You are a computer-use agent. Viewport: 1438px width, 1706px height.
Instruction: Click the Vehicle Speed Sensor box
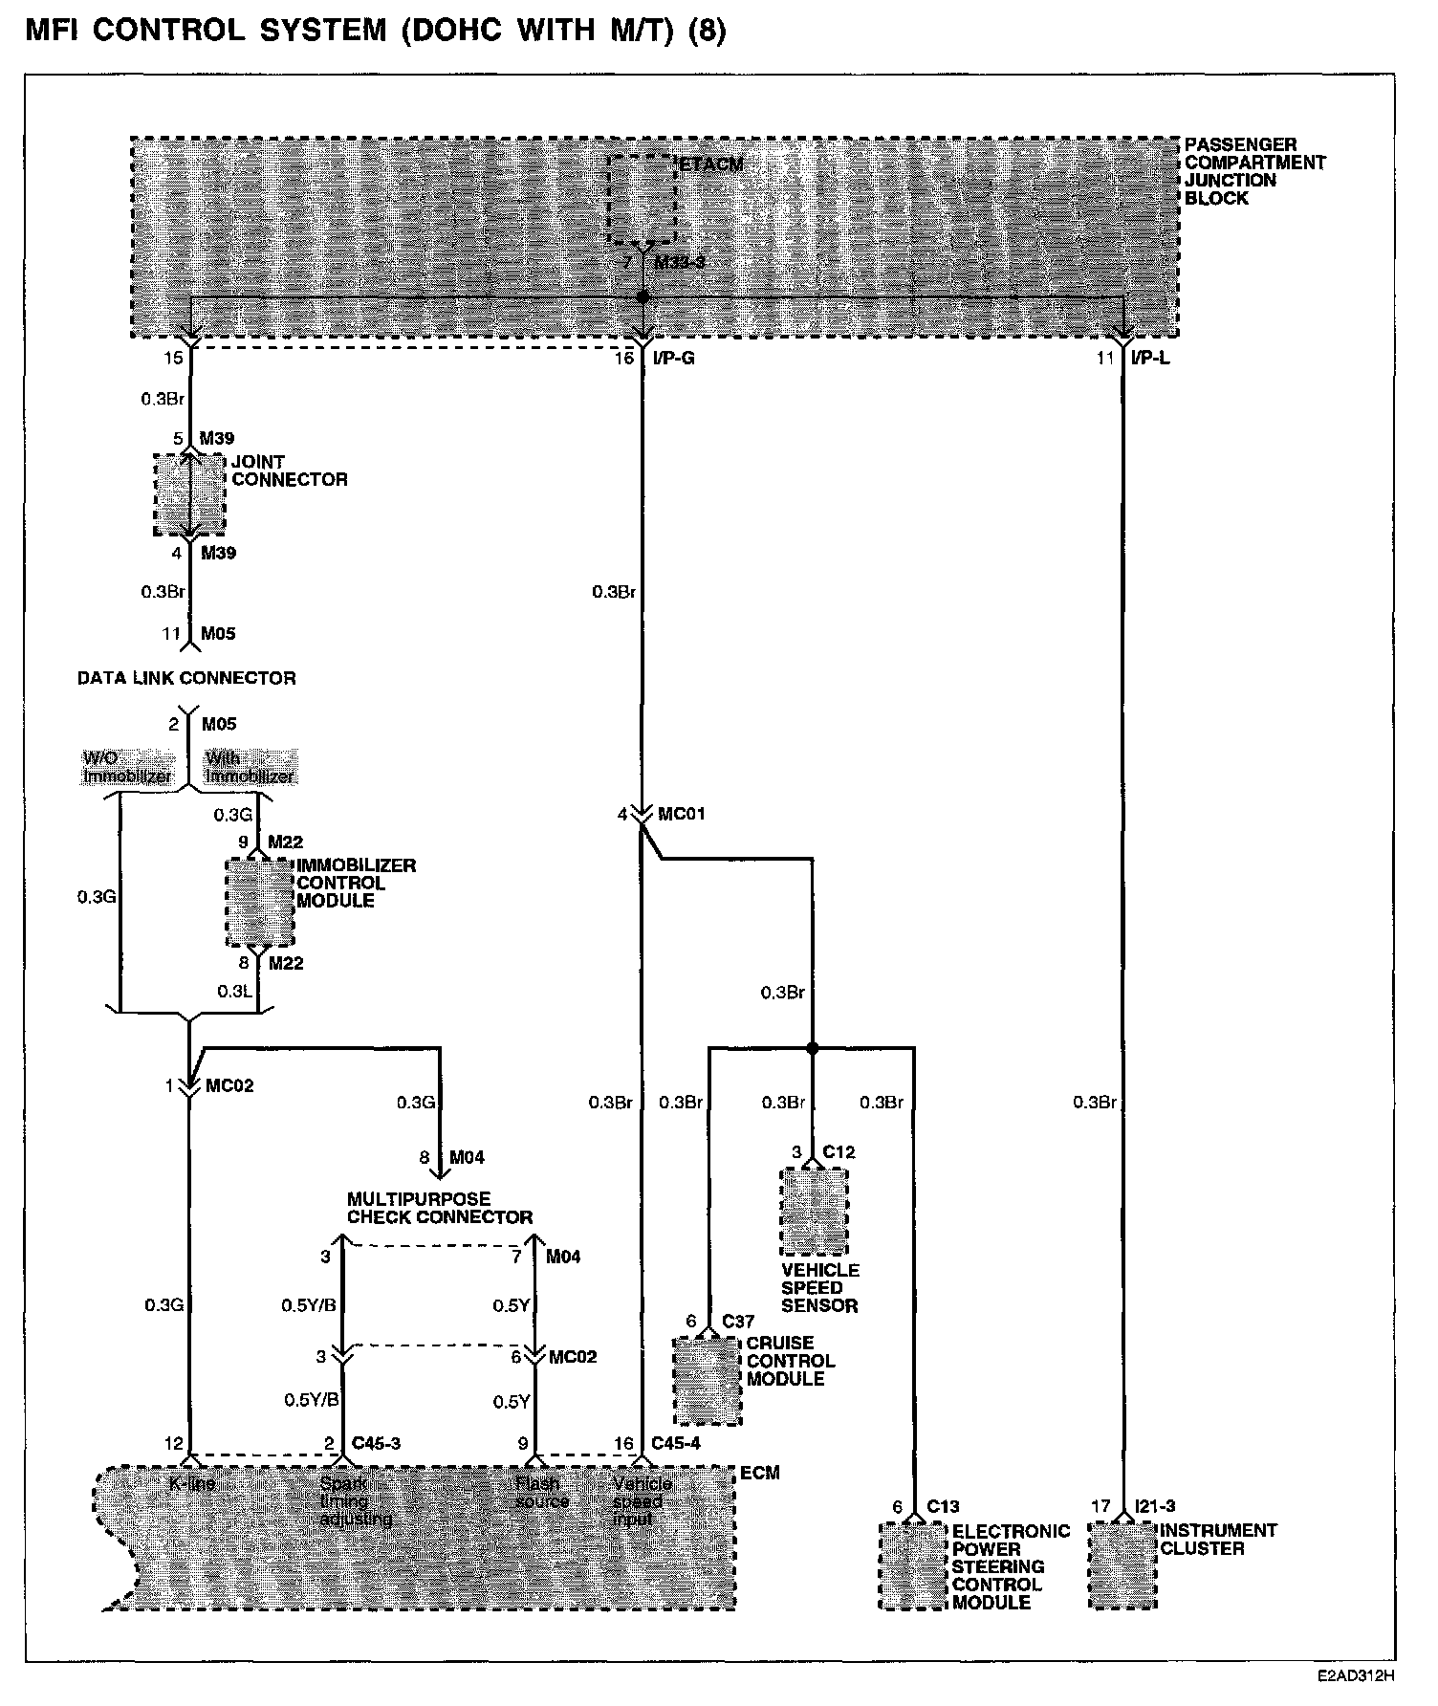click(x=814, y=1211)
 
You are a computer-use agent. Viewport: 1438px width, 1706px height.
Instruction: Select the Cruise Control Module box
click(x=708, y=1380)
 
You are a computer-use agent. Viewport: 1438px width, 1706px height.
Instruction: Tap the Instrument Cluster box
click(x=1122, y=1565)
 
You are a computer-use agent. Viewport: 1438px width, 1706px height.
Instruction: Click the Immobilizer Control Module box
click(x=259, y=902)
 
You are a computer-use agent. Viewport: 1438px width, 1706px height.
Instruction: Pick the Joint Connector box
click(x=190, y=493)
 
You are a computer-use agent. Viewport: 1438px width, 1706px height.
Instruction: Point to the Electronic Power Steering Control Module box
click(x=913, y=1565)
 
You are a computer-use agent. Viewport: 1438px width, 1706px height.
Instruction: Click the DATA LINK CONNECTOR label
click(x=186, y=678)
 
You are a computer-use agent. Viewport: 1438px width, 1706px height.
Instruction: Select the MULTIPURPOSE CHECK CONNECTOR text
click(x=439, y=1208)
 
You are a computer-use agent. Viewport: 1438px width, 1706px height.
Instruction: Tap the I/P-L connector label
click(x=1149, y=359)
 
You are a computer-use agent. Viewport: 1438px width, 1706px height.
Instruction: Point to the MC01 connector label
click(x=682, y=814)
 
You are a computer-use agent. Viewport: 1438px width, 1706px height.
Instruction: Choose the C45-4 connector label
click(x=675, y=1443)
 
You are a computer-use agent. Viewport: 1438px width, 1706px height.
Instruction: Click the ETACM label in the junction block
click(x=711, y=164)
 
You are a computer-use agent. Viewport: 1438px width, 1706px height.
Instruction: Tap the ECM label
click(x=760, y=1474)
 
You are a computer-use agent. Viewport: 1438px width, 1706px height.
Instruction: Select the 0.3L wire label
click(x=234, y=992)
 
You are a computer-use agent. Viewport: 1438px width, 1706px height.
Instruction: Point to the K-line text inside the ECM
click(x=192, y=1484)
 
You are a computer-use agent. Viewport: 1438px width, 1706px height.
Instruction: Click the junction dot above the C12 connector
click(x=813, y=1049)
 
